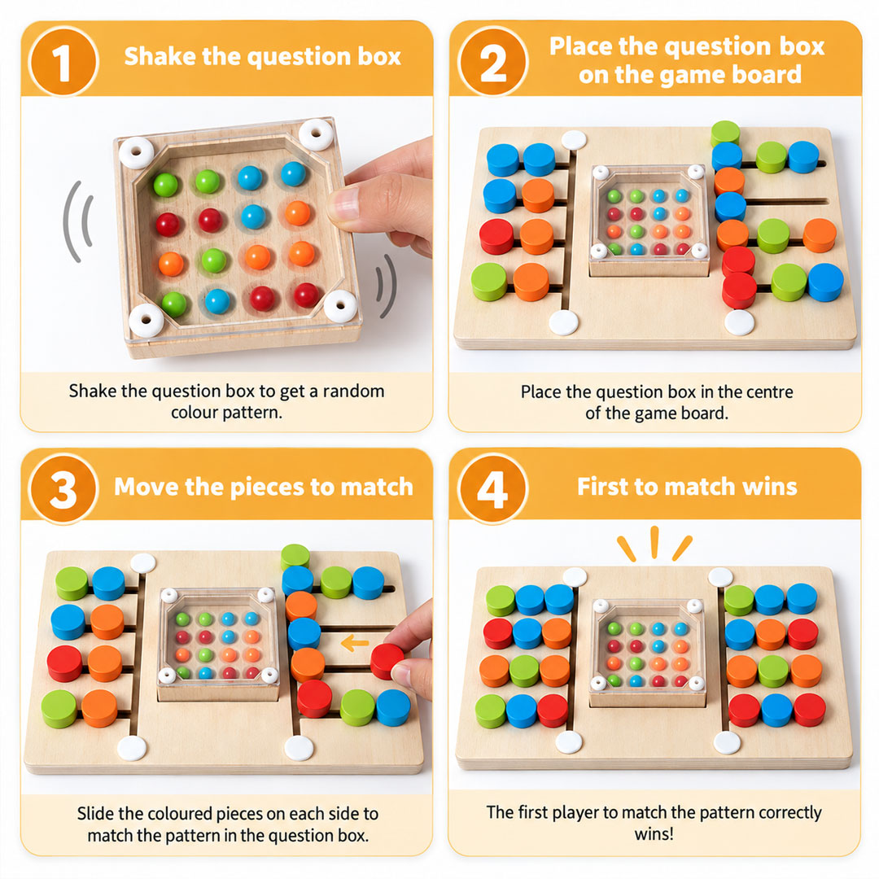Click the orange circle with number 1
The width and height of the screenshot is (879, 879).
click(63, 62)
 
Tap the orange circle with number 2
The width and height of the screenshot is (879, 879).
click(492, 62)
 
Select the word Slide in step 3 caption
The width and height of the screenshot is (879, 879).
click(95, 813)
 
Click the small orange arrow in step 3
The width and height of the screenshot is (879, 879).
click(355, 642)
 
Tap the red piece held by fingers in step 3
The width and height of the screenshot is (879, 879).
click(387, 660)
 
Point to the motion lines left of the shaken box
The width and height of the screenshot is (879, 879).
click(77, 222)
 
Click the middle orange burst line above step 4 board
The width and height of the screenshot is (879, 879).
click(654, 542)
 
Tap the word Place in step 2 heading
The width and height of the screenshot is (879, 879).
click(581, 46)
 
